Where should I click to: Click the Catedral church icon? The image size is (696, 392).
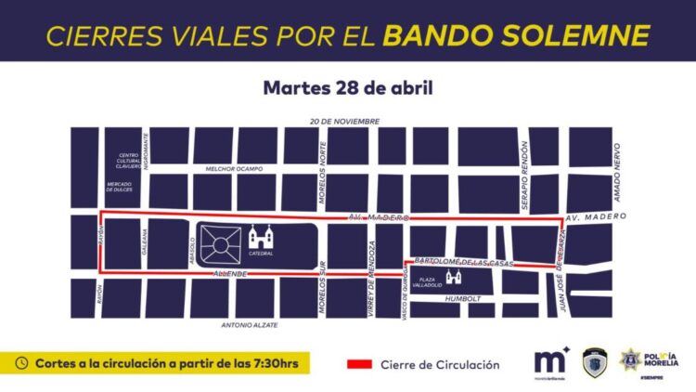point(261,238)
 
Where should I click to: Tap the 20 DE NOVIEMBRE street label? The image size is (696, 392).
point(345,122)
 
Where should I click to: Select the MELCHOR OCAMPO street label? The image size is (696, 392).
point(235,168)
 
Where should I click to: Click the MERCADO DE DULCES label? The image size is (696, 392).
point(120,186)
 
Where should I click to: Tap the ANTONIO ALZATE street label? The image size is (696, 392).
point(250,325)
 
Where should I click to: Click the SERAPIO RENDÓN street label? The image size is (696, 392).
point(524,164)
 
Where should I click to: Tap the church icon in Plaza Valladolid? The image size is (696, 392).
point(455,278)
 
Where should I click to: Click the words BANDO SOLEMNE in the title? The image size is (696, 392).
point(515,34)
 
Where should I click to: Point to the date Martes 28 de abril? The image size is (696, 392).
point(348,88)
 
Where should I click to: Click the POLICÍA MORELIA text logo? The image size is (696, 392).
point(662,359)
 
